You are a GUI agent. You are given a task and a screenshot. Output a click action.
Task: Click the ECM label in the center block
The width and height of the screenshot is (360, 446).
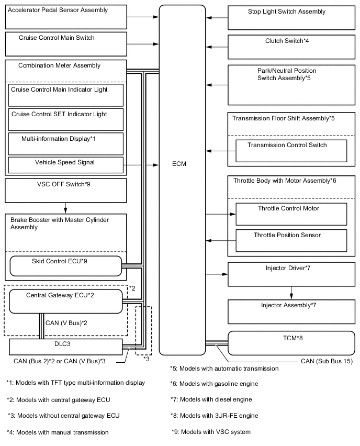pyautogui.click(x=179, y=164)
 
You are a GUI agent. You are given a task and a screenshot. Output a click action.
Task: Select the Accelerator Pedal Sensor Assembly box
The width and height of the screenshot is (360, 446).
pyautogui.click(x=65, y=17)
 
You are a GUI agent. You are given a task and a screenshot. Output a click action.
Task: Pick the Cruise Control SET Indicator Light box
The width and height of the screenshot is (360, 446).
pyautogui.click(x=65, y=119)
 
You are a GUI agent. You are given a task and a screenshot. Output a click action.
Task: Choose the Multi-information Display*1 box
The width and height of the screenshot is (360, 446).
pyautogui.click(x=65, y=143)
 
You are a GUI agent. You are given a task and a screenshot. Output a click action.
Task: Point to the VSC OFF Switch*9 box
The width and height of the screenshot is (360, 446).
pyautogui.click(x=65, y=191)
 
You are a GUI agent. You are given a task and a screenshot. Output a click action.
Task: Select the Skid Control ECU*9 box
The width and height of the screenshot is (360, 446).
pyautogui.click(x=65, y=266)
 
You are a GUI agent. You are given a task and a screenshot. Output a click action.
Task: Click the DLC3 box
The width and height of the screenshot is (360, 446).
pyautogui.click(x=65, y=346)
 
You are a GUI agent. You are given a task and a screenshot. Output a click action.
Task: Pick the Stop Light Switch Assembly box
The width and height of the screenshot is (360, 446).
pyautogui.click(x=291, y=17)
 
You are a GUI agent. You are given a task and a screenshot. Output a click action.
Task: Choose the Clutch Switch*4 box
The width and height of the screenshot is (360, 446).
pyautogui.click(x=291, y=47)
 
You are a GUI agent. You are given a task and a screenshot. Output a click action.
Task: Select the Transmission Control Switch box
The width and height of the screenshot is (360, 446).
pyautogui.click(x=291, y=151)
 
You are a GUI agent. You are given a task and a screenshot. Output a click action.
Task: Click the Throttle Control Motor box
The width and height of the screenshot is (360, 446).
pyautogui.click(x=291, y=214)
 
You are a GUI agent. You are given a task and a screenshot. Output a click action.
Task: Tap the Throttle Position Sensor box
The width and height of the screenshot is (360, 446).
pyautogui.click(x=291, y=240)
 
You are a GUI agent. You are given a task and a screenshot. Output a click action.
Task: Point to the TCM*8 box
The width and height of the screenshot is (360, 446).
pyautogui.click(x=291, y=343)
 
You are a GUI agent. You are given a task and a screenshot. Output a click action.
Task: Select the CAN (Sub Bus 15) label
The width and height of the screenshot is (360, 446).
pyautogui.click(x=327, y=361)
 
